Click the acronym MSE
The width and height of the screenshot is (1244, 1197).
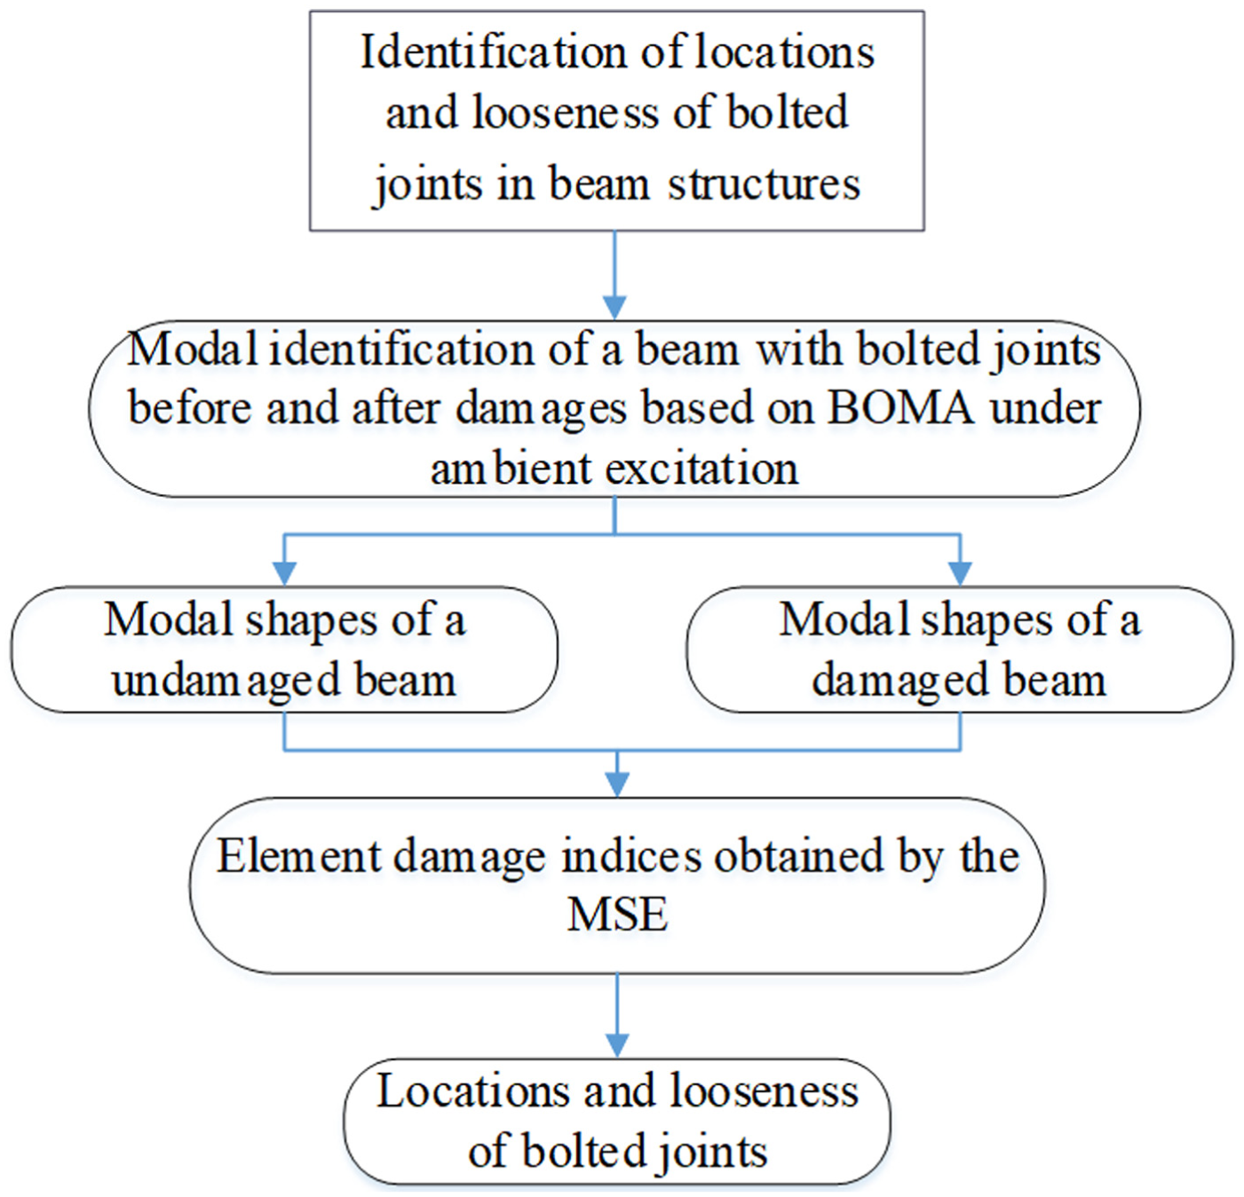pyautogui.click(x=617, y=914)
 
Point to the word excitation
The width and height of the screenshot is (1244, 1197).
pyautogui.click(x=701, y=469)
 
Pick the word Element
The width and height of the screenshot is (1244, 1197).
pyautogui.click(x=299, y=856)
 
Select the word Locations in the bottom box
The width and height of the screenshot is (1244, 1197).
pyautogui.click(x=472, y=1091)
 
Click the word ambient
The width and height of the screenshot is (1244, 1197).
pyautogui.click(x=511, y=469)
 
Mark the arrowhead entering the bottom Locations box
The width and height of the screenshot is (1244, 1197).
pyautogui.click(x=617, y=1045)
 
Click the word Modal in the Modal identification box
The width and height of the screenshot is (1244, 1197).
pyautogui.click(x=193, y=350)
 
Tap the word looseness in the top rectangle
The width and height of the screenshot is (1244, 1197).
pyautogui.click(x=566, y=113)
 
